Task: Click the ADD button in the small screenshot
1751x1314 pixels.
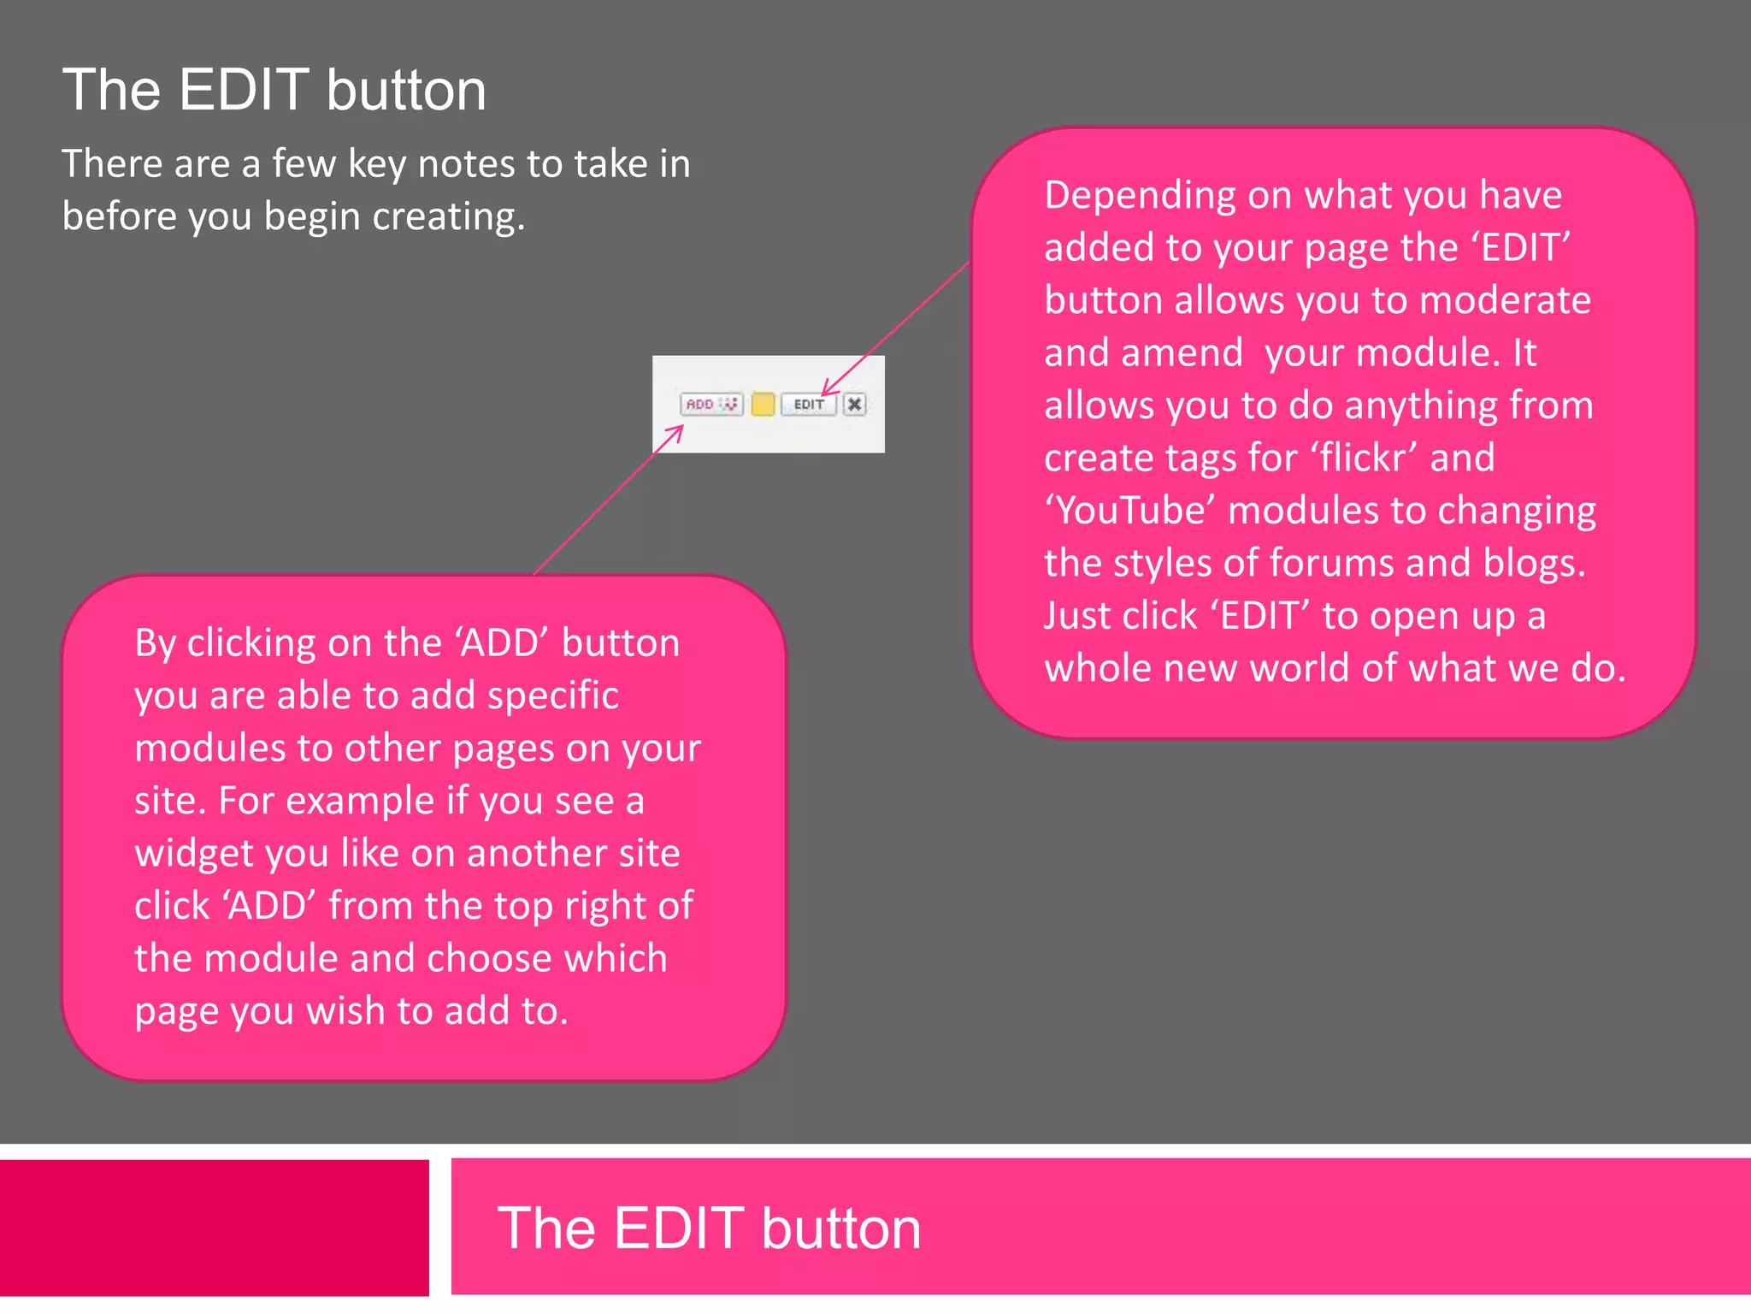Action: pyautogui.click(x=710, y=404)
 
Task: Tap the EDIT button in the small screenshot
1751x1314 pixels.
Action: pyautogui.click(x=808, y=404)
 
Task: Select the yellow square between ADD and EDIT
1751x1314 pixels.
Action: pyautogui.click(x=763, y=404)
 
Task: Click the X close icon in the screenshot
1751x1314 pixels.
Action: pyautogui.click(x=854, y=404)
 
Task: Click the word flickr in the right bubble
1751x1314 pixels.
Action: pyautogui.click(x=1368, y=458)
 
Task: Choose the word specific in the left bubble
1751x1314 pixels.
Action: pyautogui.click(x=552, y=695)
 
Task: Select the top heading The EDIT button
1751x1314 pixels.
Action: pyautogui.click(x=274, y=90)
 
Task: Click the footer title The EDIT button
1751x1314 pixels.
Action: pyautogui.click(x=709, y=1228)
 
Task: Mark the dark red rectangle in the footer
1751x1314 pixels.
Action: pyautogui.click(x=214, y=1228)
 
